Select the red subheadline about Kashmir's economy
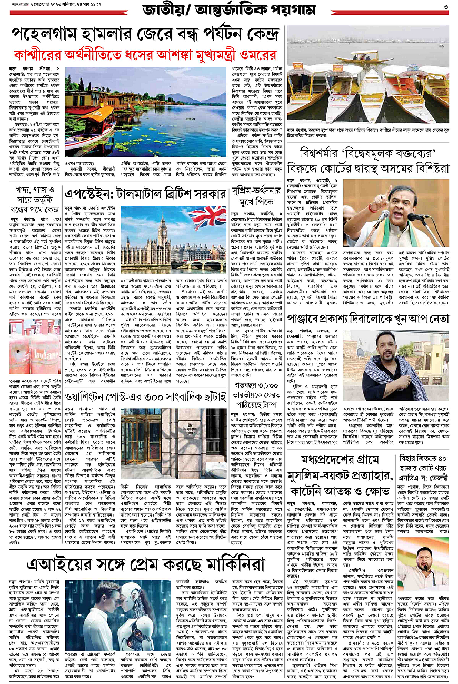(x=144, y=55)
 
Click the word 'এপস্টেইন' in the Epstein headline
(x=87, y=193)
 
